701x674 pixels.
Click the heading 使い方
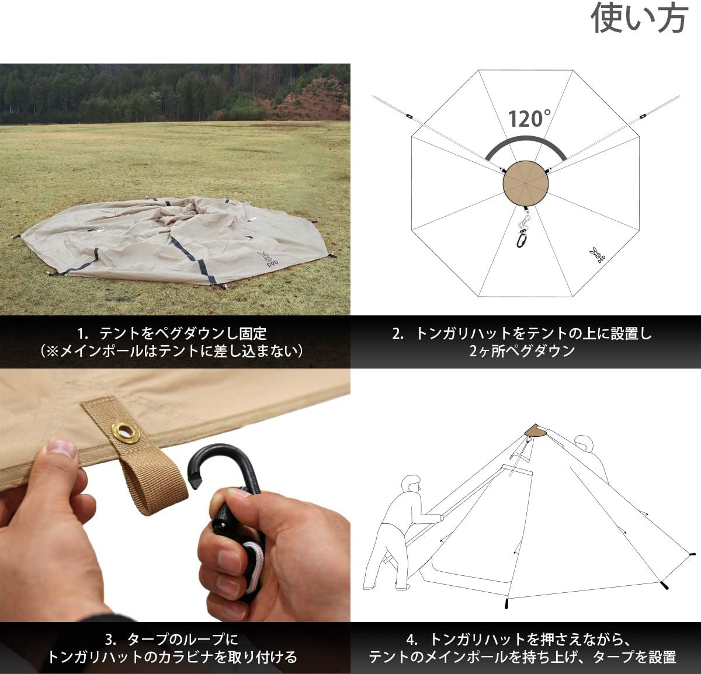point(640,18)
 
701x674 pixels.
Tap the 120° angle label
point(529,119)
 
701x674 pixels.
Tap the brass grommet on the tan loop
point(125,431)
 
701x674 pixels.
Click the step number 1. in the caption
point(83,334)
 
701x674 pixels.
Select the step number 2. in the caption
point(398,334)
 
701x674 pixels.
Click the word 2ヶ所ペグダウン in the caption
point(522,351)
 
